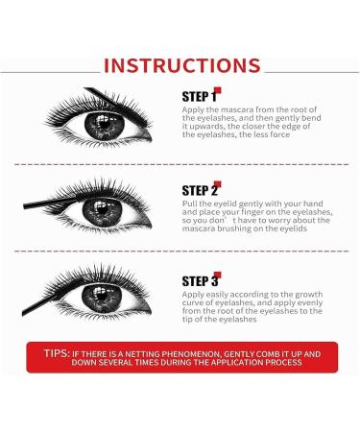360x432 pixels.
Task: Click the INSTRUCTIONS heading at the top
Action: coord(180,65)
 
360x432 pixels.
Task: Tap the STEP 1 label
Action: coord(199,97)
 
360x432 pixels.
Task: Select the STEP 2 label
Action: coord(200,190)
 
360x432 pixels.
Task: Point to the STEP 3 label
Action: coord(200,281)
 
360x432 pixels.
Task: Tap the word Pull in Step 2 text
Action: coord(189,206)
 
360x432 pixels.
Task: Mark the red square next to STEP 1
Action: coord(218,91)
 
